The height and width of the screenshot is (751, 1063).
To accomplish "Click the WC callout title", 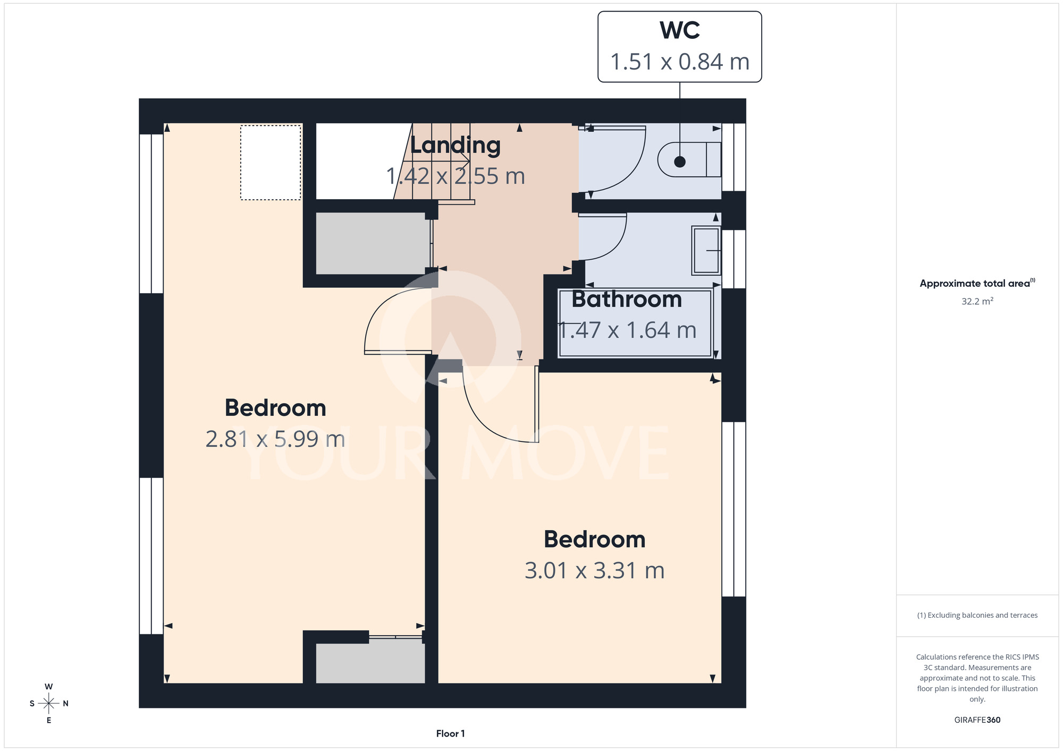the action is click(679, 30).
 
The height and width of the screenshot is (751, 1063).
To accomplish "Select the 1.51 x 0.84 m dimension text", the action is click(679, 62).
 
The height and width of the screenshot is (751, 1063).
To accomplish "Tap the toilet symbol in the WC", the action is click(689, 159).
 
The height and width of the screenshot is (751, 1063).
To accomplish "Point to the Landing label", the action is click(455, 146).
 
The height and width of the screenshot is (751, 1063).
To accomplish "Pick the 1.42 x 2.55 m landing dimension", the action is click(455, 176).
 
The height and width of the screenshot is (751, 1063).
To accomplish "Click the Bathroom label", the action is click(627, 300).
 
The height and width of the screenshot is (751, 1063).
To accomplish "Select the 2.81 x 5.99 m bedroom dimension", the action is click(275, 439).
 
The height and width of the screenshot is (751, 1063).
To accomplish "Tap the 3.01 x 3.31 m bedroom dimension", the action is click(595, 570).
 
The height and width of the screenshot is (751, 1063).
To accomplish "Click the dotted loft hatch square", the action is click(271, 163).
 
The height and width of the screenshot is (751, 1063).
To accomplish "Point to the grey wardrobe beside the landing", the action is click(372, 243).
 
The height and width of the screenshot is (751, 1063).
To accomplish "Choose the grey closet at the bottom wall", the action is click(370, 663).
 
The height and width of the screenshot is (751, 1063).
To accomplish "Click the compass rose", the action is click(49, 704).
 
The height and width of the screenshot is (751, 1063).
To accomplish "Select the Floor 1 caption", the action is click(450, 733).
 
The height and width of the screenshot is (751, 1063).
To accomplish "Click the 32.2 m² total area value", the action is click(977, 301).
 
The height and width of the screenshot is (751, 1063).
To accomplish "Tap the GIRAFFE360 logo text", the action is click(977, 720).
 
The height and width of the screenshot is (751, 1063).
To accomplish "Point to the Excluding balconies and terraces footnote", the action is click(977, 615).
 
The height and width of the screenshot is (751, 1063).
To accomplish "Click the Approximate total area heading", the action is click(977, 283).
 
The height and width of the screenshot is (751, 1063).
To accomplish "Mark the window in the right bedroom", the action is click(733, 509).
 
